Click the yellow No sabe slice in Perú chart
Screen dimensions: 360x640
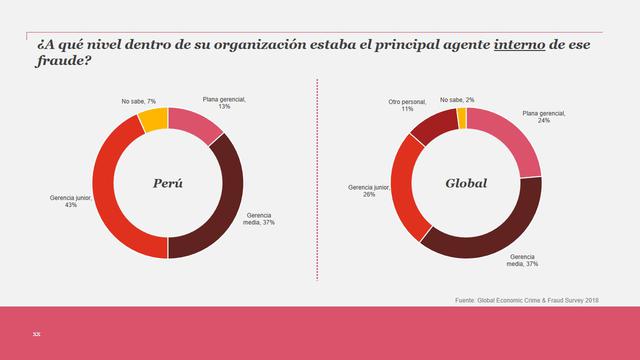(x=153, y=120)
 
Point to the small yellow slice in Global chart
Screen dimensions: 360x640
(x=461, y=119)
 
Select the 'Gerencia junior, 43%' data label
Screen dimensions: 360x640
(x=71, y=202)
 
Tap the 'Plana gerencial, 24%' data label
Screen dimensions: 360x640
(x=544, y=120)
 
